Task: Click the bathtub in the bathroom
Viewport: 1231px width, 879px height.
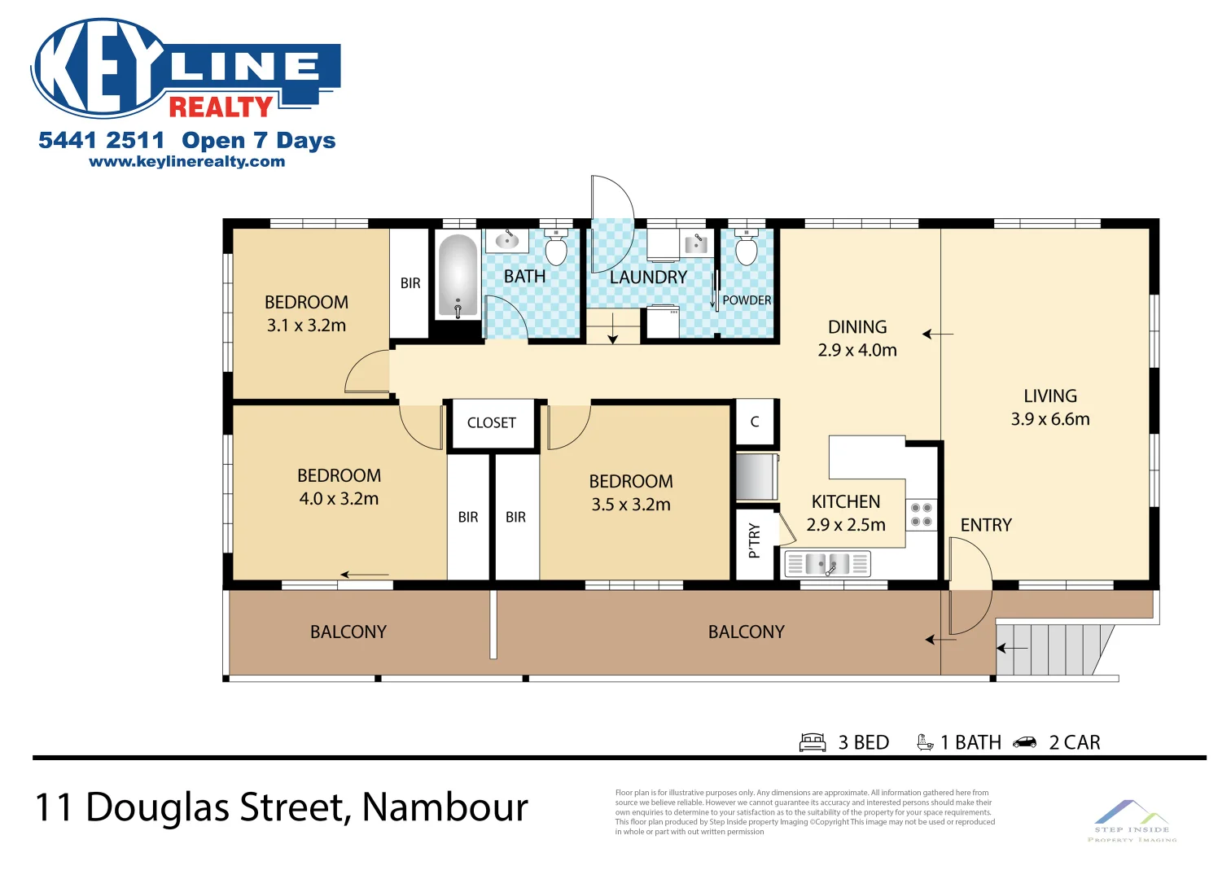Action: (x=458, y=275)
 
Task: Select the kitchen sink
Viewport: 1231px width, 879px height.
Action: (x=826, y=563)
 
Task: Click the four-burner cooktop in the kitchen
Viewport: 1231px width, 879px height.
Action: (x=921, y=514)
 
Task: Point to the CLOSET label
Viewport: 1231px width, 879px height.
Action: (x=491, y=423)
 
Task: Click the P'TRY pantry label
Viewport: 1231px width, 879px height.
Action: (x=754, y=540)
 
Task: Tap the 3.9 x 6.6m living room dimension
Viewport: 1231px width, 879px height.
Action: (x=1049, y=419)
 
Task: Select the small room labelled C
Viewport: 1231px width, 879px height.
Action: (x=755, y=422)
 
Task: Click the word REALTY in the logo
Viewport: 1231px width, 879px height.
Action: (x=221, y=107)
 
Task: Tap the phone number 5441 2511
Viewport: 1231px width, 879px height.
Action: (x=101, y=141)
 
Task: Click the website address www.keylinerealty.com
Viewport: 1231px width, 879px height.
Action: (x=186, y=162)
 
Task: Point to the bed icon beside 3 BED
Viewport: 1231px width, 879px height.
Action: (x=813, y=742)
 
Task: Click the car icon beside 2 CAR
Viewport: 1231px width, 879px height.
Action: (x=1025, y=742)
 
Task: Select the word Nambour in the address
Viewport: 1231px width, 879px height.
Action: (x=445, y=807)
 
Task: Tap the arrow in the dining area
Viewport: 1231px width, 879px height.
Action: (x=937, y=334)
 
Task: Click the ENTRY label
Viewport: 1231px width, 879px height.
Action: (x=985, y=526)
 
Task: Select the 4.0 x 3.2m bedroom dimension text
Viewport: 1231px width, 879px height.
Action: (x=339, y=499)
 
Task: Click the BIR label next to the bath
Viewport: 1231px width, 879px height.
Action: (x=410, y=283)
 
